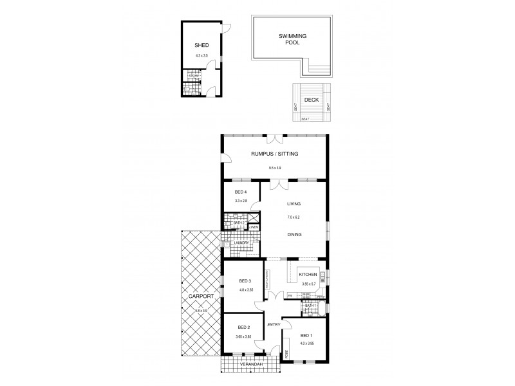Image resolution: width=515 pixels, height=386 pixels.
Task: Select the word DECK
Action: click(312, 100)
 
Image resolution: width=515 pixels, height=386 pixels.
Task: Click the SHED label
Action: click(201, 46)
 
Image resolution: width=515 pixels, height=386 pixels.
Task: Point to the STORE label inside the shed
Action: click(192, 76)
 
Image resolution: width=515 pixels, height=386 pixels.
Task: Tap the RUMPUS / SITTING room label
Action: click(275, 154)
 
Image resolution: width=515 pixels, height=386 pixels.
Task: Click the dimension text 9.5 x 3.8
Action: click(275, 169)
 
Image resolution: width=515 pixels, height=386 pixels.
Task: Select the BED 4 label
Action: click(241, 192)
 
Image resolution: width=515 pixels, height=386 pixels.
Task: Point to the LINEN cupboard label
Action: click(254, 228)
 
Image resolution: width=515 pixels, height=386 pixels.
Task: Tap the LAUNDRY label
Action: click(232, 243)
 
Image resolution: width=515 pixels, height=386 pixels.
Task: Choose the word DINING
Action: click(294, 235)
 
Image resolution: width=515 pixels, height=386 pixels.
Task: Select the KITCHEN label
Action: click(308, 275)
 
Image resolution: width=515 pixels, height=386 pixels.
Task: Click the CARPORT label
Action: click(202, 297)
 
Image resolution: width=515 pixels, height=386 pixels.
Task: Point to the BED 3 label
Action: click(244, 281)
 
